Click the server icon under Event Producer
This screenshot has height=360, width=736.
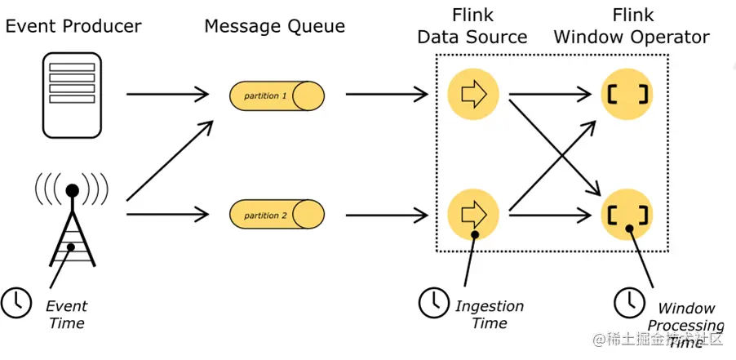pyautogui.click(x=72, y=93)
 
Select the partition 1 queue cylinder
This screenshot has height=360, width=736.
pyautogui.click(x=276, y=96)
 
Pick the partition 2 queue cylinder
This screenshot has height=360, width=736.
pyautogui.click(x=276, y=215)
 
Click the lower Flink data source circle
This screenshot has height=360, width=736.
pyautogui.click(x=472, y=215)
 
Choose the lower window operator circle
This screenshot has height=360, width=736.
pyautogui.click(x=627, y=215)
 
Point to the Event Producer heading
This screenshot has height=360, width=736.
pyautogui.click(x=73, y=26)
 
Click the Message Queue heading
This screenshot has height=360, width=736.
pyautogui.click(x=275, y=26)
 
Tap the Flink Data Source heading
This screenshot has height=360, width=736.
pyautogui.click(x=472, y=26)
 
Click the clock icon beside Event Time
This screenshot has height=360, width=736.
pyautogui.click(x=15, y=302)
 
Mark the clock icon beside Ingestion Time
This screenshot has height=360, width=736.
pyautogui.click(x=433, y=303)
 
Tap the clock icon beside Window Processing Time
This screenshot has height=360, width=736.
pyautogui.click(x=627, y=303)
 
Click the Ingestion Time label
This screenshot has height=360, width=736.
pyautogui.click(x=490, y=314)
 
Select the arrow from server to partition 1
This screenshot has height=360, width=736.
pyautogui.click(x=168, y=95)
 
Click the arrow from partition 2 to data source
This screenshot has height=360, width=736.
pyautogui.click(x=388, y=215)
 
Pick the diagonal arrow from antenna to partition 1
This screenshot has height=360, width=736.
pyautogui.click(x=170, y=160)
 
